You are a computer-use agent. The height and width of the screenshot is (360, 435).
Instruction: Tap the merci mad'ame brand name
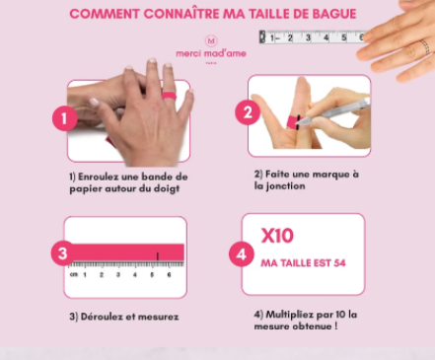point(211,53)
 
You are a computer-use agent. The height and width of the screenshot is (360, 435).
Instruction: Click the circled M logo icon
point(211,40)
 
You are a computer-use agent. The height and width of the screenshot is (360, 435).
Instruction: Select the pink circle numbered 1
point(64,118)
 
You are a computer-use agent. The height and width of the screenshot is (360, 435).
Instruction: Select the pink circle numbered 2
point(248,112)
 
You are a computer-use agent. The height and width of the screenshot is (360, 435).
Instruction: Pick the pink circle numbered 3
point(63,253)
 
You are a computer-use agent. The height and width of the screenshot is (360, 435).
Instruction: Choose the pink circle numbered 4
point(242,254)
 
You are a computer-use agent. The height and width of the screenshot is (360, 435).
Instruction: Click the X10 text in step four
point(277,236)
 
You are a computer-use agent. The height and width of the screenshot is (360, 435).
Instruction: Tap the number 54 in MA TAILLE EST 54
point(339,263)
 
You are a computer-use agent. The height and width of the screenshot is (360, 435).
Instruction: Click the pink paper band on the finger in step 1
point(169,96)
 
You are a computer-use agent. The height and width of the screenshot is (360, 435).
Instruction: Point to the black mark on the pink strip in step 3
point(158,256)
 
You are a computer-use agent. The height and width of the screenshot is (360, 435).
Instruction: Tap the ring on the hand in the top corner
point(425,46)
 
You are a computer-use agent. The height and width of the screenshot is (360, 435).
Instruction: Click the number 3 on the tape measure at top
point(308,37)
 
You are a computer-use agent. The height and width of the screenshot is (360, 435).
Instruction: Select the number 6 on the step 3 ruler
point(169,274)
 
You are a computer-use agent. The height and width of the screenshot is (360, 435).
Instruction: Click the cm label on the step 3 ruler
point(74,274)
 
